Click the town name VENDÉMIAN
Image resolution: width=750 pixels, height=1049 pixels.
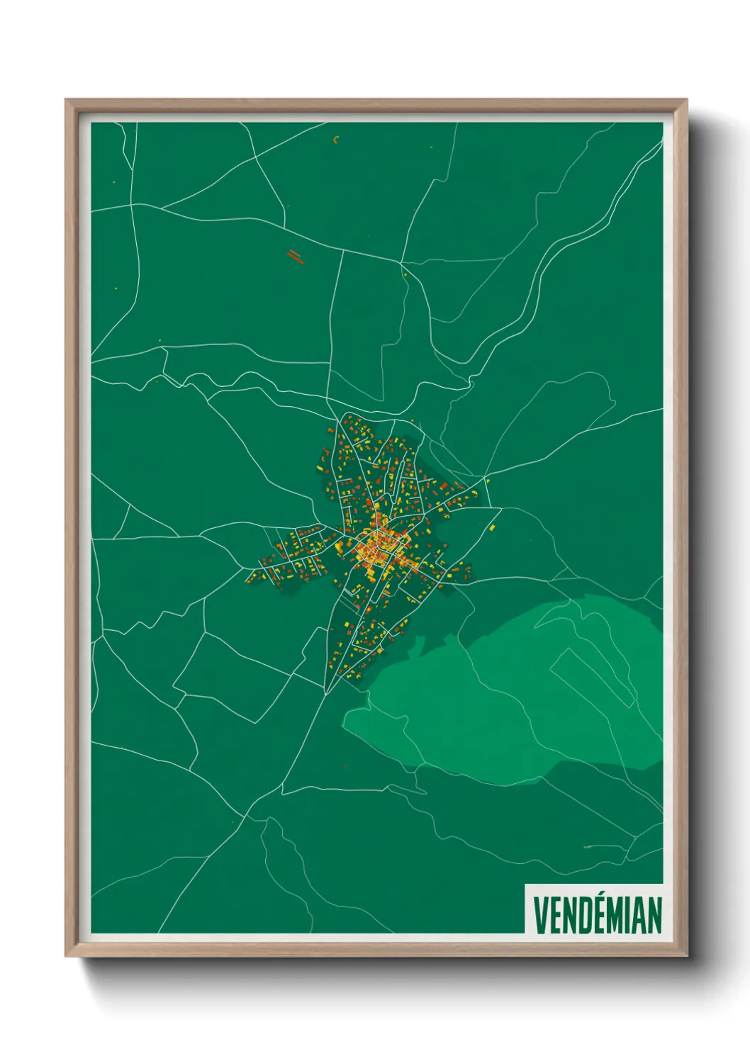[x=597, y=915]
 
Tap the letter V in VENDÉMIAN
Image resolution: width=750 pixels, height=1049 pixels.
[x=539, y=915]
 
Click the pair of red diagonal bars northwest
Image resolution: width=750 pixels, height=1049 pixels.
[x=296, y=256]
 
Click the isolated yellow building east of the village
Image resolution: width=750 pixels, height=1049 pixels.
[x=493, y=527]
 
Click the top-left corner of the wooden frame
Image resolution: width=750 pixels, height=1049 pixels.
[x=66, y=100]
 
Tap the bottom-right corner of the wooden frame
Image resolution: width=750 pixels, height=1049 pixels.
[x=686, y=956]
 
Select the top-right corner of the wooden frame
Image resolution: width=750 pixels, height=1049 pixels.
[x=686, y=100]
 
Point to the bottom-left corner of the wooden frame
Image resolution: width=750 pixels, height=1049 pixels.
[x=66, y=956]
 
